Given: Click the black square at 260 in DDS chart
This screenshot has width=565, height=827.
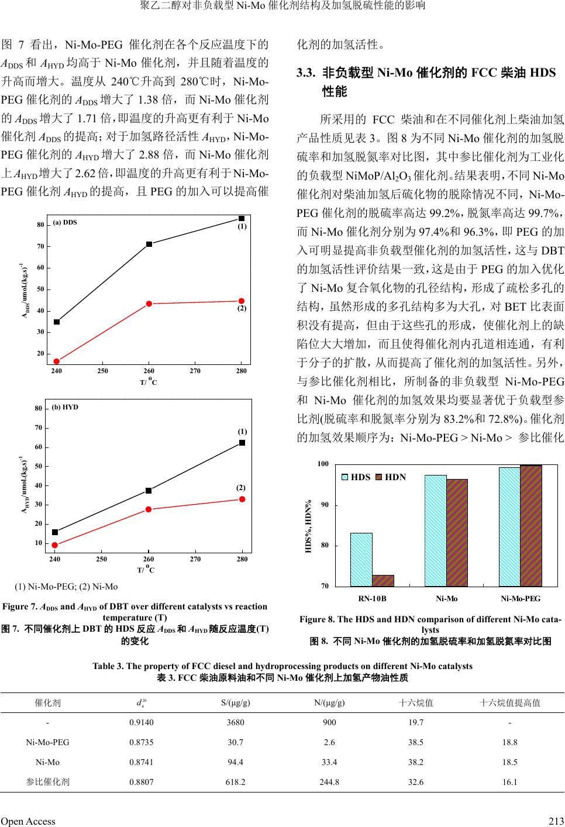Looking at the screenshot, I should [149, 244].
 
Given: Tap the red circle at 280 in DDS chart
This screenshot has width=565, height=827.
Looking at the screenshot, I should [242, 301].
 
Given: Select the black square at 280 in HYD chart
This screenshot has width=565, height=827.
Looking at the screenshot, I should [242, 443].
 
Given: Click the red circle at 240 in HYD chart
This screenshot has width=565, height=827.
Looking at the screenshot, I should [55, 545].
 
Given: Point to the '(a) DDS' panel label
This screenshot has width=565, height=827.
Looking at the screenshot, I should [65, 222].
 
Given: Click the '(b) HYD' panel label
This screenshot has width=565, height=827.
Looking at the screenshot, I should [65, 406].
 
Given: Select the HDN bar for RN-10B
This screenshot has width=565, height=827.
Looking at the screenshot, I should [383, 580].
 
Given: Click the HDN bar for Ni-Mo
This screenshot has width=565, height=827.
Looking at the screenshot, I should [457, 532].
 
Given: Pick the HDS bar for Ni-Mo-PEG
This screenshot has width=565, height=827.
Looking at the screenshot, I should [509, 526].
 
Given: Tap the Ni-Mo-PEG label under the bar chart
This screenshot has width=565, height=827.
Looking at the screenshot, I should [521, 598].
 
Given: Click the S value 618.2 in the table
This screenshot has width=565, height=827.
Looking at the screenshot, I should [235, 781].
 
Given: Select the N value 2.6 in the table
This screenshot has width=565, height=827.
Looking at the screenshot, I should [329, 742].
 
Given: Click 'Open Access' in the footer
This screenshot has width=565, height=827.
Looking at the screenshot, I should [28, 821].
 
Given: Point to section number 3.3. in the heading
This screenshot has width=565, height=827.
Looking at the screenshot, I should [306, 73].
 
